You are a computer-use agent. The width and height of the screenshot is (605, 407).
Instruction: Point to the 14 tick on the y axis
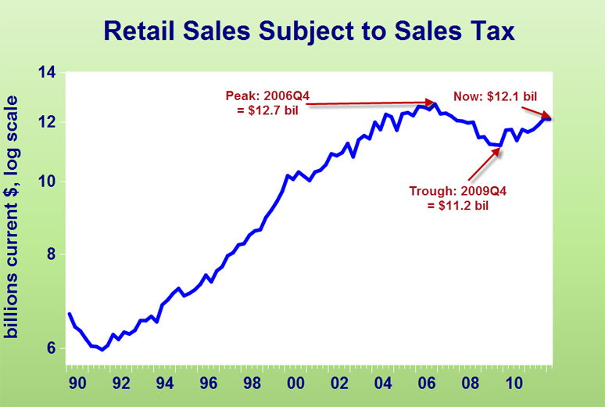[x=47, y=74]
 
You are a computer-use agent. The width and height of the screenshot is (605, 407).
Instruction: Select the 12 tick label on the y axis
[x=47, y=122]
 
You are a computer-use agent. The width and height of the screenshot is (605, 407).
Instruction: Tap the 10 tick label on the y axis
[x=47, y=182]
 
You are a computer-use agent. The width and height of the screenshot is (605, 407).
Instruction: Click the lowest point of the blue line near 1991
[x=102, y=349]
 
